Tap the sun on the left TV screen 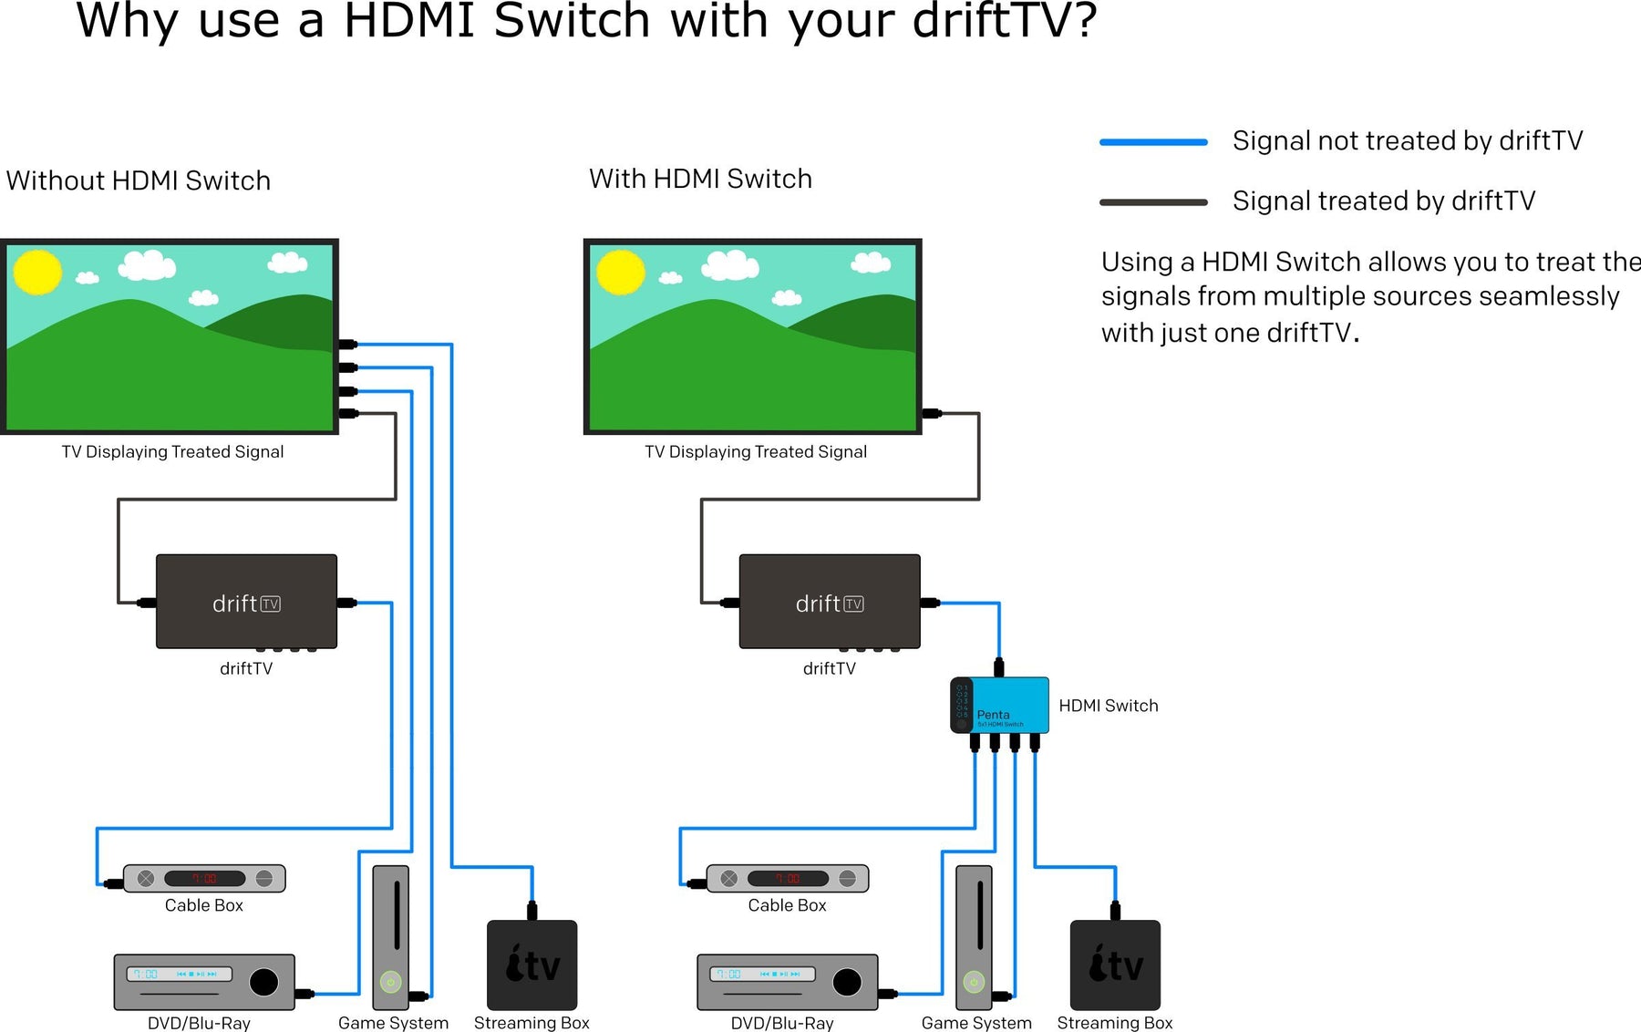pos(37,272)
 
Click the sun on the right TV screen pos(621,272)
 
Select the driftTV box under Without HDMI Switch pos(246,602)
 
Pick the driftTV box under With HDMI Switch pos(830,602)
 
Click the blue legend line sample pos(1153,142)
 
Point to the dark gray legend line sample pos(1153,202)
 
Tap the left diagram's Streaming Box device pos(532,965)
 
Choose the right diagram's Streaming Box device pos(1115,965)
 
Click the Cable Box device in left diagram pos(204,879)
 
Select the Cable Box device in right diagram pos(788,879)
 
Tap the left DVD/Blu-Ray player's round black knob pos(263,982)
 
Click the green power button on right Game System pos(974,982)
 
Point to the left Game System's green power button pos(390,982)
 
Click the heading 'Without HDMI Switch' pos(139,181)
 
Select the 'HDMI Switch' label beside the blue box pos(1108,706)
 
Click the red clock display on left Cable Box pos(204,879)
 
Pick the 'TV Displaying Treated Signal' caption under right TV pos(756,452)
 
